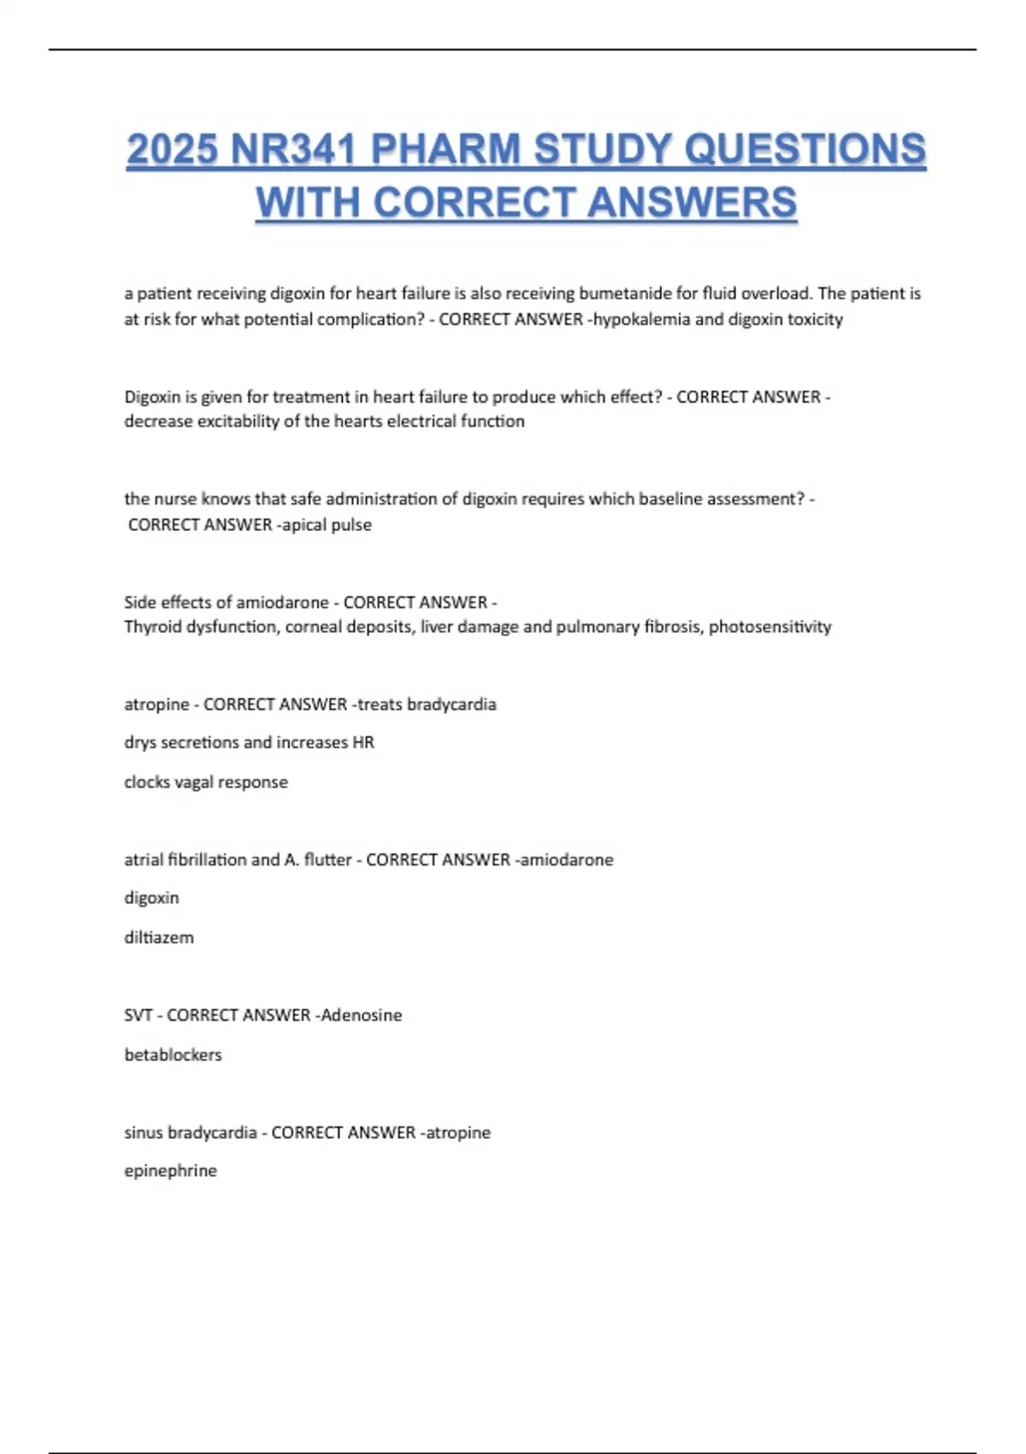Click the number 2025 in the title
click(172, 150)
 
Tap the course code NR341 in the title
click(292, 150)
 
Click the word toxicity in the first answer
click(815, 319)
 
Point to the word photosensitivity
click(769, 627)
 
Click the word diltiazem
click(159, 937)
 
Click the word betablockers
click(173, 1055)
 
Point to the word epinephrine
click(170, 1171)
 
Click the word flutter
click(327, 860)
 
